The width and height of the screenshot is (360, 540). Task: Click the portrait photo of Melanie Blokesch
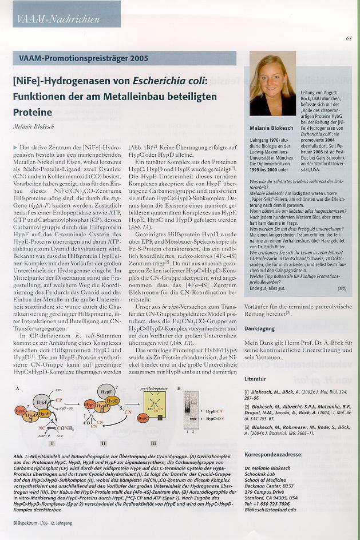pos(272,84)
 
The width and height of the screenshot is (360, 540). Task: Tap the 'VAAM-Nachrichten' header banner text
pos(59,19)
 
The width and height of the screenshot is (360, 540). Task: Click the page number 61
pos(349,39)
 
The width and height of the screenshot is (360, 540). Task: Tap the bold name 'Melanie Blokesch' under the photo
pos(272,128)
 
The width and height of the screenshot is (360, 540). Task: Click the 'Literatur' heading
pos(255,379)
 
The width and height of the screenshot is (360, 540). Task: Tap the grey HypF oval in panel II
pos(108,395)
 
